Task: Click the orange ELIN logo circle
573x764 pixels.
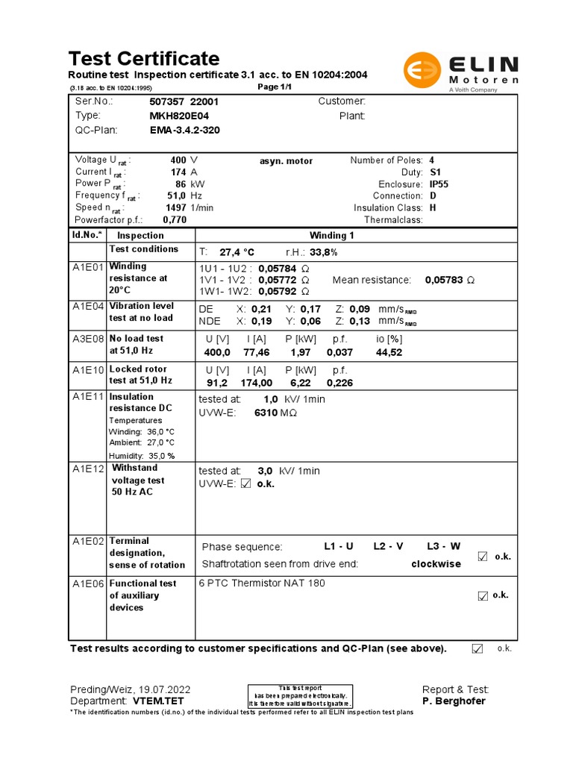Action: pyautogui.click(x=422, y=72)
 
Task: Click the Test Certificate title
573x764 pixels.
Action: pyautogui.click(x=144, y=58)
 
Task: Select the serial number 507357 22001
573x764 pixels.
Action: pyautogui.click(x=184, y=101)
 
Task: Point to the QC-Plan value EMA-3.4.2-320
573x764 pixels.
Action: pyautogui.click(x=184, y=130)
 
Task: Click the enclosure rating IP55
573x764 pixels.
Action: pyautogui.click(x=439, y=184)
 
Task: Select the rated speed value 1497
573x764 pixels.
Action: pyautogui.click(x=176, y=207)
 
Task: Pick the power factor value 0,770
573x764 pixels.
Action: pyautogui.click(x=174, y=220)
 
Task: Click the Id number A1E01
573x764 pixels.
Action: pyautogui.click(x=87, y=266)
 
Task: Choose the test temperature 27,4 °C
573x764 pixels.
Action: pyautogui.click(x=237, y=252)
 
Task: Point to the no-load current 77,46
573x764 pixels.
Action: pyautogui.click(x=257, y=352)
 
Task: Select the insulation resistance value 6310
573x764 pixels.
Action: pyautogui.click(x=266, y=412)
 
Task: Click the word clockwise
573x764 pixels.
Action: pyautogui.click(x=436, y=564)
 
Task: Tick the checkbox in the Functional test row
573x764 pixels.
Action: pyautogui.click(x=483, y=595)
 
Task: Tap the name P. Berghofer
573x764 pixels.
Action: pyautogui.click(x=454, y=701)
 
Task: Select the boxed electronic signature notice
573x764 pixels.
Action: pyautogui.click(x=300, y=695)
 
